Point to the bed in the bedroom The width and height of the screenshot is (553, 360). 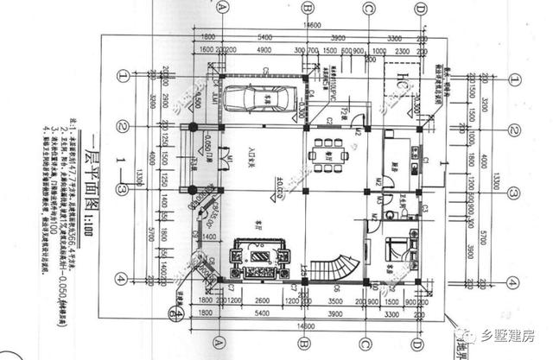click(x=398, y=250)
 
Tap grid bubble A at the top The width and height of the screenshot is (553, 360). click(x=222, y=7)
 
